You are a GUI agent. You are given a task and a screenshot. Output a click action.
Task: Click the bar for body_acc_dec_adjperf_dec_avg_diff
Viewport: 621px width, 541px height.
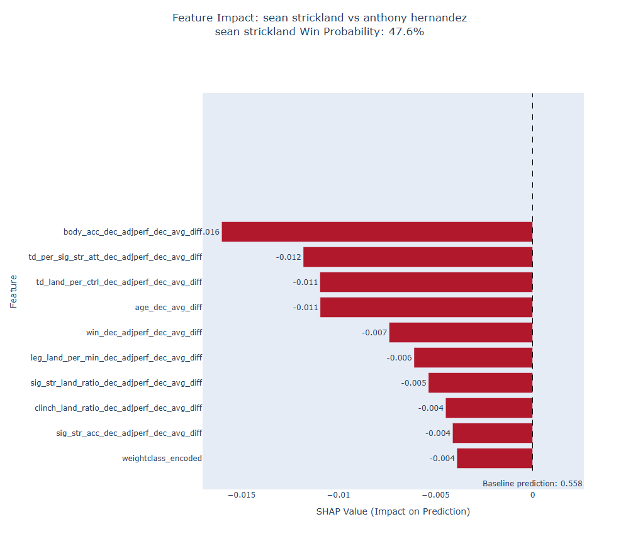[x=378, y=231]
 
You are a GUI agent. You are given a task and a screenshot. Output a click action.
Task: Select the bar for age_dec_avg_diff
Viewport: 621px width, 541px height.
[x=426, y=307]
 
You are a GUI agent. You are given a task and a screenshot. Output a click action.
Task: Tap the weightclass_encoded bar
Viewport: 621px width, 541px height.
[x=495, y=458]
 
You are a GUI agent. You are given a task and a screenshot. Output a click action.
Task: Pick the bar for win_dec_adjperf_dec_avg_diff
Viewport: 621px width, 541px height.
[x=461, y=332]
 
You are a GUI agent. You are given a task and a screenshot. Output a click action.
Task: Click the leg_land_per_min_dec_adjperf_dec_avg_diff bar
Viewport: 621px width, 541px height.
[x=473, y=357]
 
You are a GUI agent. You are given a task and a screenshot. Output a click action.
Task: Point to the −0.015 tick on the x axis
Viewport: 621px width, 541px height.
[x=242, y=495]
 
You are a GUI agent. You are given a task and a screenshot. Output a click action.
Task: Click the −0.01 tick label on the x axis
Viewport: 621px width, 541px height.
[x=339, y=495]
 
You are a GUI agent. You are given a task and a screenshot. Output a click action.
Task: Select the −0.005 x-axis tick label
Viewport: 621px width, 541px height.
[x=436, y=495]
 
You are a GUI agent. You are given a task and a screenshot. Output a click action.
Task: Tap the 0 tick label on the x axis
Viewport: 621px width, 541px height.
[x=532, y=495]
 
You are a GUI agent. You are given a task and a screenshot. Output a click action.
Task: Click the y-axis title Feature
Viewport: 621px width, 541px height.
[x=13, y=291]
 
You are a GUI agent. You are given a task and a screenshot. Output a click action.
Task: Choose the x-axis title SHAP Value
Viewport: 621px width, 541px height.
[x=393, y=511]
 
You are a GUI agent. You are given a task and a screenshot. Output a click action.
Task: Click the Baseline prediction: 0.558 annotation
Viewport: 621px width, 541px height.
[x=532, y=483]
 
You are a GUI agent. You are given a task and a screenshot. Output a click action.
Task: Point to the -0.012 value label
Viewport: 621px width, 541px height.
[x=288, y=257]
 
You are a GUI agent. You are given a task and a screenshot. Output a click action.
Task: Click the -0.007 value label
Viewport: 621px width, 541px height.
[x=374, y=332]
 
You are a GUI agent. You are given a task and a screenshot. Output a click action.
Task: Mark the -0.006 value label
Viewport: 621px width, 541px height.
[x=399, y=357]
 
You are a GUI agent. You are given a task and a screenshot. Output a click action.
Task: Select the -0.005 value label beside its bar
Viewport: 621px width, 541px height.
[x=413, y=382]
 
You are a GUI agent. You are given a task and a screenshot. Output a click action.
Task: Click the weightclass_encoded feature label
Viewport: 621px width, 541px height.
[x=162, y=458]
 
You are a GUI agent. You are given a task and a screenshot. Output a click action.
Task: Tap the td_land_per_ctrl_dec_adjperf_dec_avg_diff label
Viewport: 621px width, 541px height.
[x=119, y=282]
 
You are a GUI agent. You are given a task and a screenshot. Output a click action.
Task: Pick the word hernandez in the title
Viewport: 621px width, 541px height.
[x=436, y=18]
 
